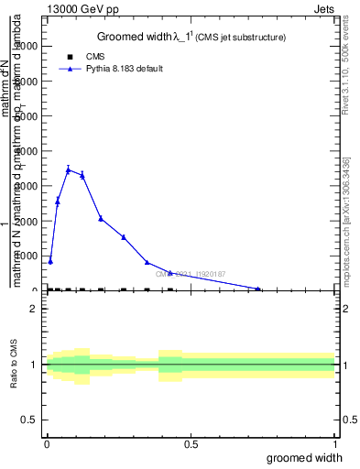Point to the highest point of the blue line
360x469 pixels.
(x=68, y=169)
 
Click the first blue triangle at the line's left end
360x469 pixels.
(x=50, y=261)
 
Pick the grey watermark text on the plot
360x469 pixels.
(x=191, y=274)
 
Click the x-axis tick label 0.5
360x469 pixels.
(x=191, y=443)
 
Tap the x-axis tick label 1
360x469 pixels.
(x=333, y=443)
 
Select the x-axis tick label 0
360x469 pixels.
(x=47, y=443)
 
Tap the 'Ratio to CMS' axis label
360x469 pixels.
(x=15, y=365)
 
